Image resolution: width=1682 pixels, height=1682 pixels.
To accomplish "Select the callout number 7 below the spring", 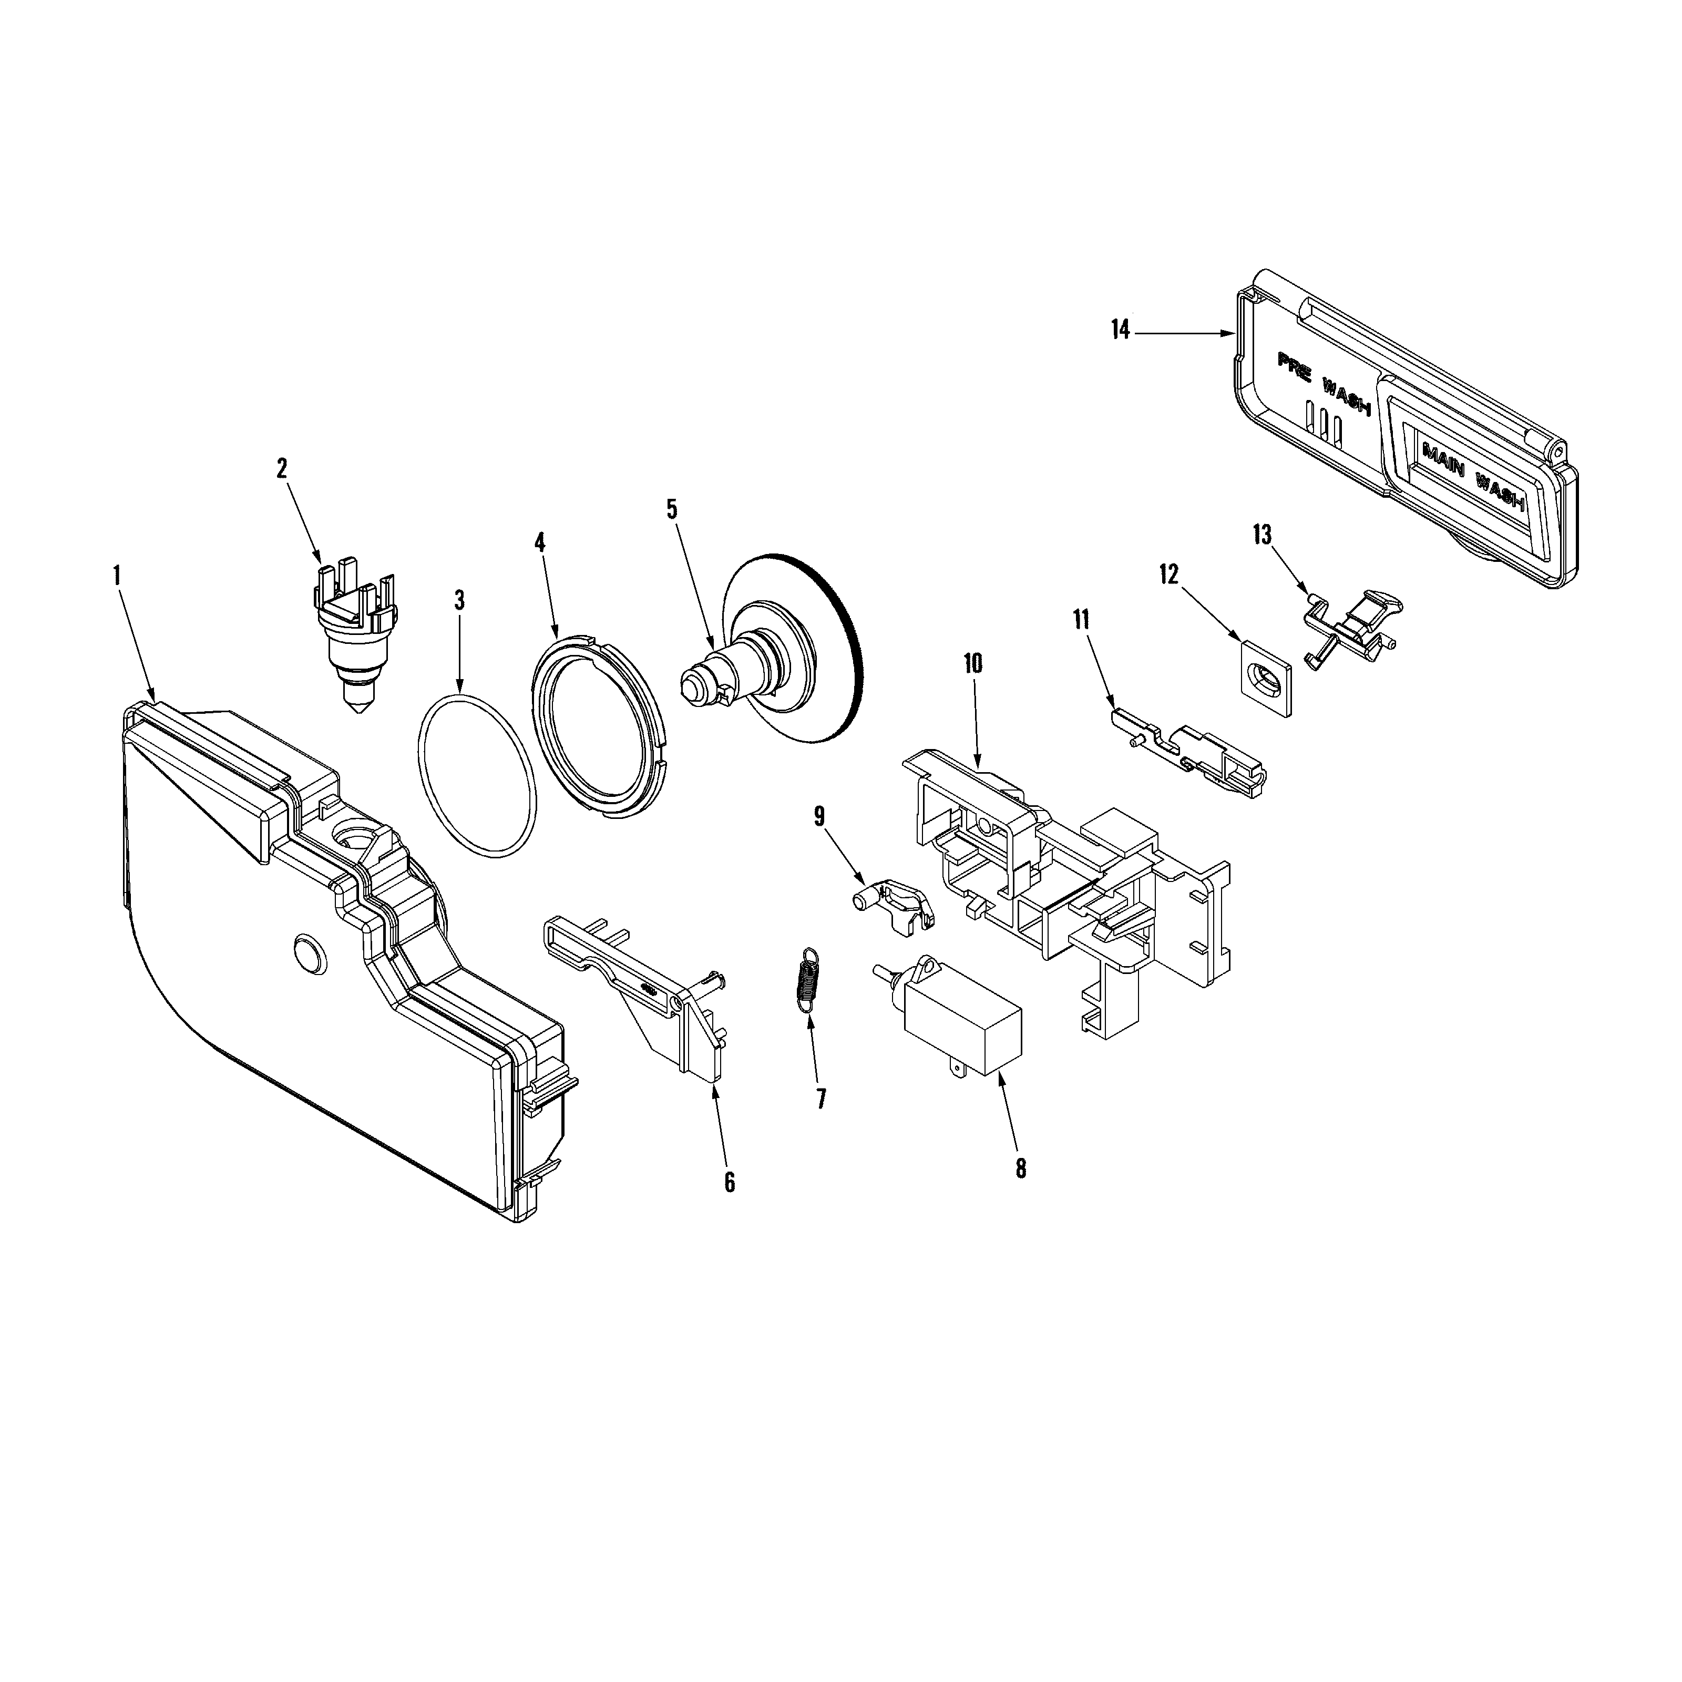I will point(821,1099).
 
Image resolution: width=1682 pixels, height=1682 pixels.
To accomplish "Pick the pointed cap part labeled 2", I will point(354,639).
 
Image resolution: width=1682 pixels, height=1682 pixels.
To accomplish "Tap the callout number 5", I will point(672,509).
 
